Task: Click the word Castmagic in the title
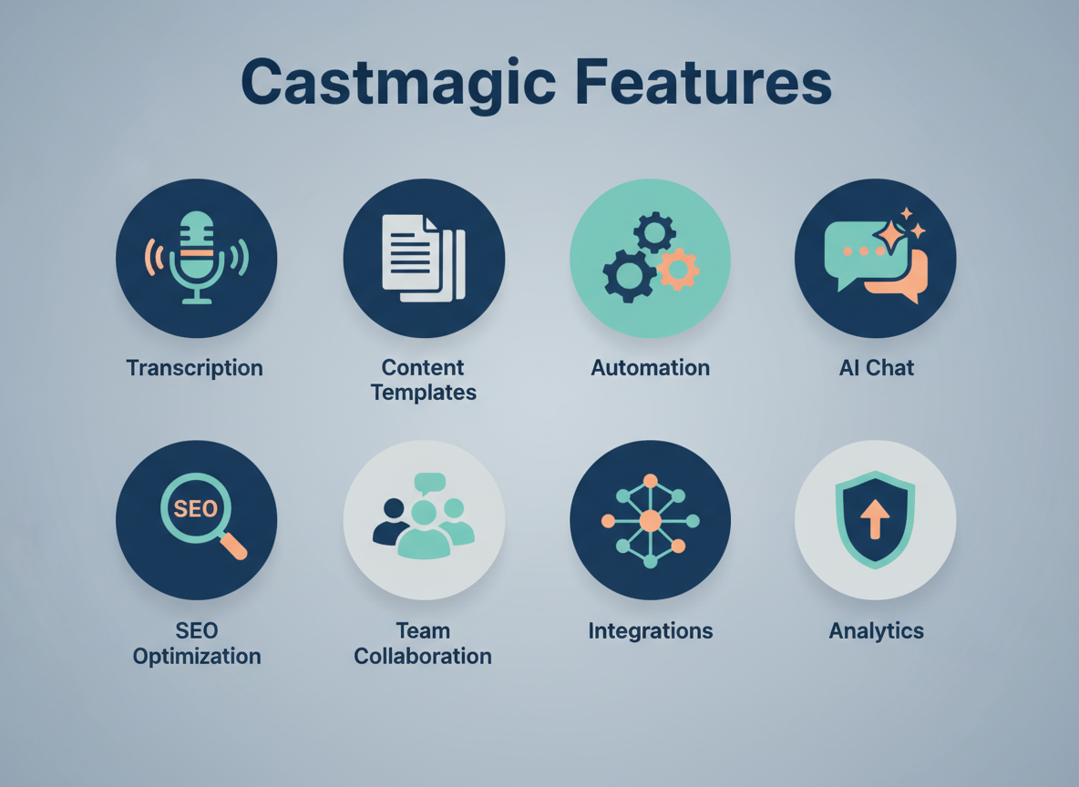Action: coord(399,83)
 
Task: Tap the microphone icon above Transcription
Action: coord(196,257)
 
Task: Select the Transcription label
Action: coord(195,368)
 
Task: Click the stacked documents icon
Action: coord(423,257)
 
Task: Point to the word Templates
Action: coord(424,393)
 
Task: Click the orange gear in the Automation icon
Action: coord(677,269)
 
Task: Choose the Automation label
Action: coord(650,368)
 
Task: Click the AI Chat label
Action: coord(876,368)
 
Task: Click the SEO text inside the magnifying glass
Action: coord(195,508)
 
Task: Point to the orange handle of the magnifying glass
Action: coord(233,547)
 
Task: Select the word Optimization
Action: coord(197,656)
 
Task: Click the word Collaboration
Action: coord(423,656)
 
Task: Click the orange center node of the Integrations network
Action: coord(650,521)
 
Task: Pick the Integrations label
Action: coord(650,630)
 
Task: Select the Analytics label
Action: coord(876,630)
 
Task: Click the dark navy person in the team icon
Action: coord(393,523)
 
